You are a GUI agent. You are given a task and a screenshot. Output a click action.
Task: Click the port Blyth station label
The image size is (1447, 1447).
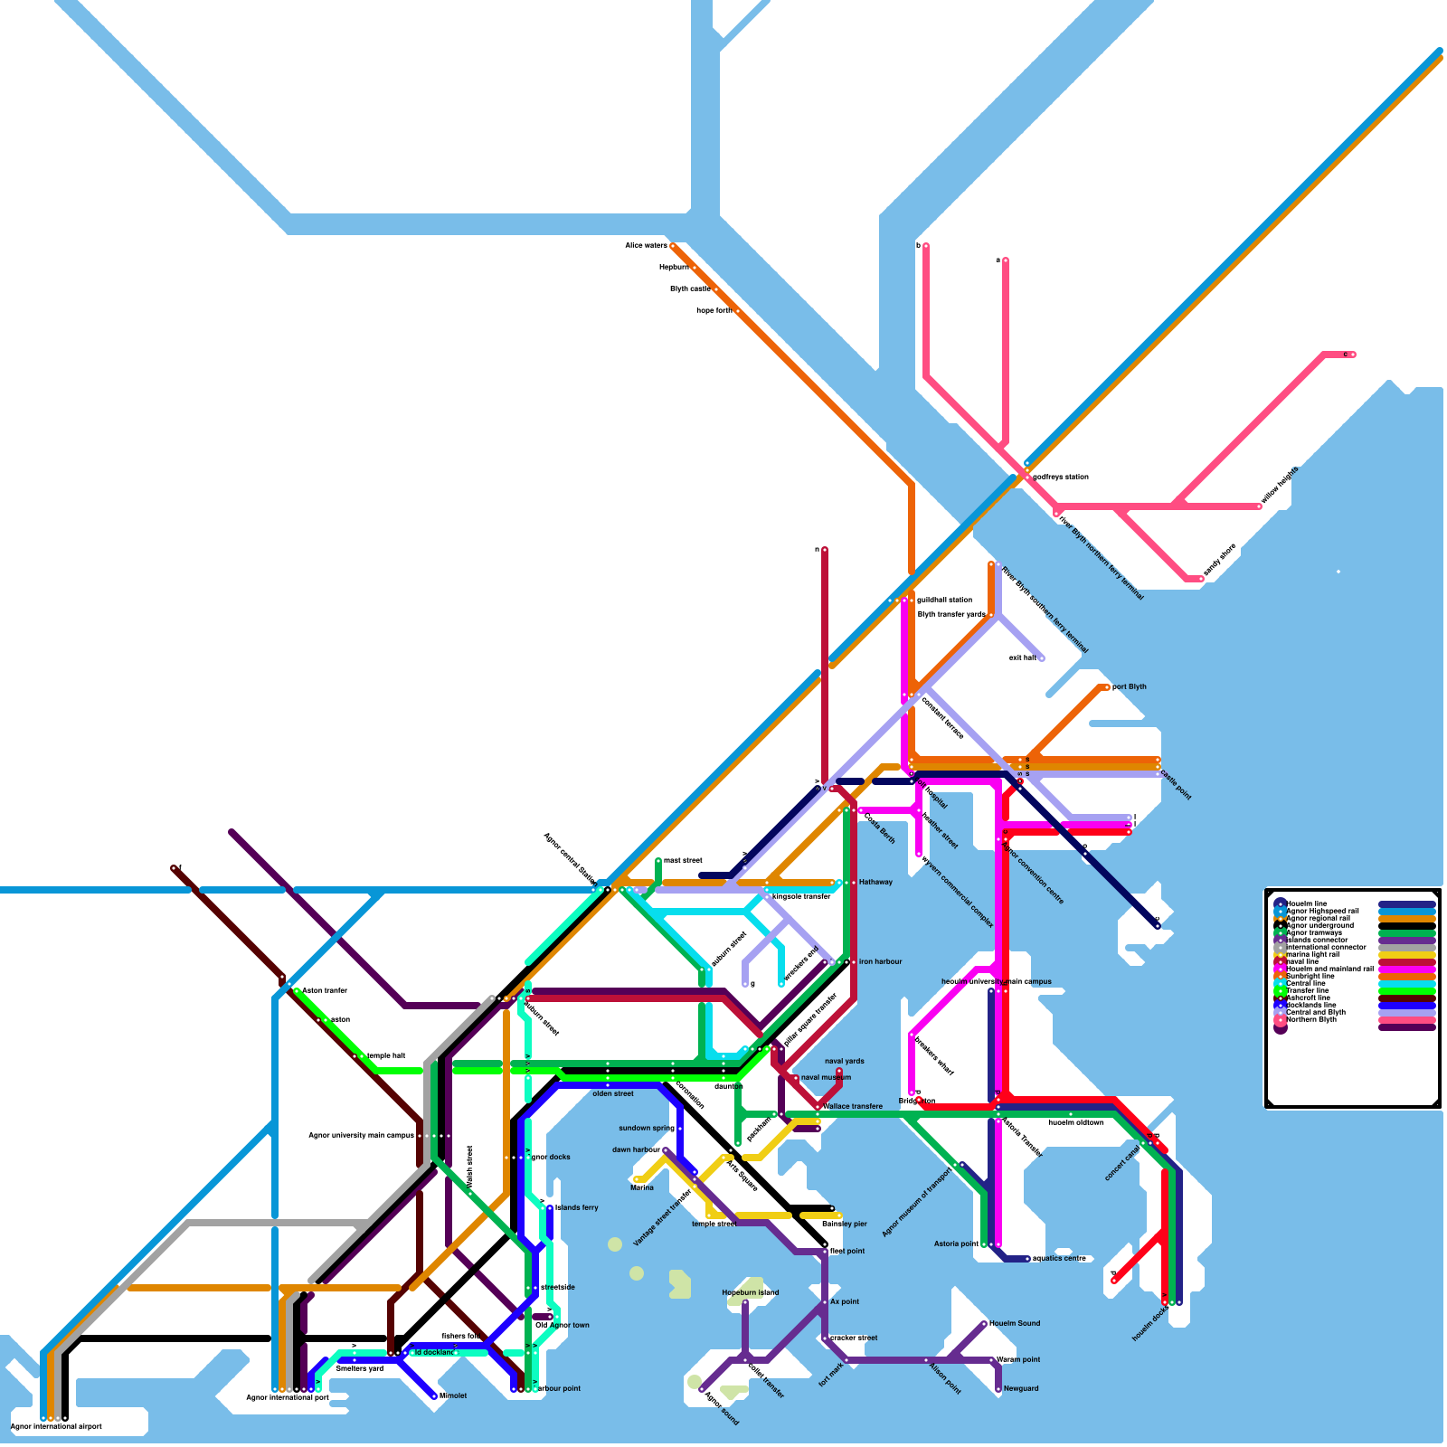point(1130,686)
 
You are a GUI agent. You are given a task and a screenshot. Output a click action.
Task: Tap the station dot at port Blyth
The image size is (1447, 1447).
point(1107,687)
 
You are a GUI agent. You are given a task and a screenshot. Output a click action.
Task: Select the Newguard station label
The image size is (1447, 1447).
point(1021,1388)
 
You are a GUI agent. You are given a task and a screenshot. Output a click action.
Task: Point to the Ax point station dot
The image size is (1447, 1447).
point(825,1302)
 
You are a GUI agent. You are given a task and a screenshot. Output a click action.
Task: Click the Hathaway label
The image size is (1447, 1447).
point(875,882)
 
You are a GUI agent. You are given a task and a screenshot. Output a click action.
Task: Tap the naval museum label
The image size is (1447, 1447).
point(826,1077)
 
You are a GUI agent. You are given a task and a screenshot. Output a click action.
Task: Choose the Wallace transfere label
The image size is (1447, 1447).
point(853,1106)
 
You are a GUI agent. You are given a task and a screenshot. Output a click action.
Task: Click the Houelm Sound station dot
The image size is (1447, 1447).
point(984,1324)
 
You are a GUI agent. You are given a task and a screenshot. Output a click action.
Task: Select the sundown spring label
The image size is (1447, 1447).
point(646,1128)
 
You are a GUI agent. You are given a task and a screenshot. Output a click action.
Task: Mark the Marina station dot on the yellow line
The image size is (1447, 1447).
point(637,1179)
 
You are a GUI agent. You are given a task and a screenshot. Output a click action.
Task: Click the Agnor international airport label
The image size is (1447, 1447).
point(56,1426)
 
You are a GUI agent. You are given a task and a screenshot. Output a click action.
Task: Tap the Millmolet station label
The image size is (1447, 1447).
point(453,1395)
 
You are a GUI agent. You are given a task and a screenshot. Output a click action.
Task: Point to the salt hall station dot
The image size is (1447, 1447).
point(1042,658)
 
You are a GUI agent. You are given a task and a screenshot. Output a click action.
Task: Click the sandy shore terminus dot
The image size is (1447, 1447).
point(1201,578)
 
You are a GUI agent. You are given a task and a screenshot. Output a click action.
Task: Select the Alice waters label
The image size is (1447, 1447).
point(646,245)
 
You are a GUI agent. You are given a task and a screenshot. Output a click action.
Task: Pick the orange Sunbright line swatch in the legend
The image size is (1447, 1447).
point(1406,976)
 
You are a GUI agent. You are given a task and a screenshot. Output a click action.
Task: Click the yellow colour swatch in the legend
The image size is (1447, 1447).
point(1406,954)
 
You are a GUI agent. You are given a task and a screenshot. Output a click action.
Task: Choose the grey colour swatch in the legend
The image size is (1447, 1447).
point(1406,947)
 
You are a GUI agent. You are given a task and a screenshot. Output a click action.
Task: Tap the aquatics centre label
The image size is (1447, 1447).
point(1059,1258)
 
